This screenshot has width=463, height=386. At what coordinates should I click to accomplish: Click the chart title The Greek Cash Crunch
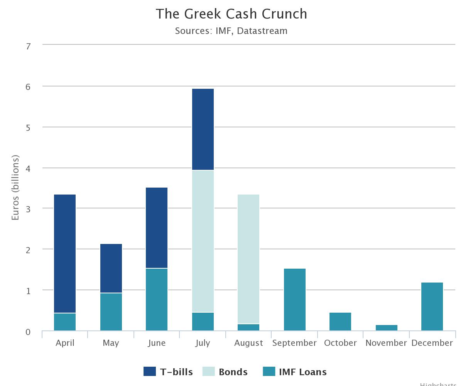231,14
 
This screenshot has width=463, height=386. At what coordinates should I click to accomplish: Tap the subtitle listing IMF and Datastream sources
231,31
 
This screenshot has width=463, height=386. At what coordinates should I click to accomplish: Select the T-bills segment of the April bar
65,254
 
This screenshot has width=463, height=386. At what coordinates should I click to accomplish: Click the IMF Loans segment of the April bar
65,322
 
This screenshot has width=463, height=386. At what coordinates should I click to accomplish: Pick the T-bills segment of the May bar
111,268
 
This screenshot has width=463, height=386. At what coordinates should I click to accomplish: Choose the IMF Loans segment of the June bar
157,299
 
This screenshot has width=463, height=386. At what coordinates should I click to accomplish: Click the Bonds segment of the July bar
203,241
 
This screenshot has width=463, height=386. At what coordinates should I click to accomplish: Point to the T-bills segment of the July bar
203,129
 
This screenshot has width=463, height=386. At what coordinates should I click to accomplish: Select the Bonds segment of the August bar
248,259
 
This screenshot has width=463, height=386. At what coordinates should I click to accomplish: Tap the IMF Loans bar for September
295,300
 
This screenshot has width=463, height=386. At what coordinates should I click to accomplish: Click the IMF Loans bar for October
340,322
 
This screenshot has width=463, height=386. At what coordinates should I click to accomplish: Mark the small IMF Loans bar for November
387,328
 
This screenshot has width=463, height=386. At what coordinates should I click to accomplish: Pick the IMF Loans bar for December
432,306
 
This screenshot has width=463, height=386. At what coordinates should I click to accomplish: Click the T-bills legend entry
168,372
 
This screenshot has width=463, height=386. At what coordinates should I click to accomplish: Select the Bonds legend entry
226,372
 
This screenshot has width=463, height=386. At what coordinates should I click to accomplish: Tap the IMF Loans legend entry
295,372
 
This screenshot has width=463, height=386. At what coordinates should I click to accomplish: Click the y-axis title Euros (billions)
15,188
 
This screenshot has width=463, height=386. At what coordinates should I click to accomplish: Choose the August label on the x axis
248,343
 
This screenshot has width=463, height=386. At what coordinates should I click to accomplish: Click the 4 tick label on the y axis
28,169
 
